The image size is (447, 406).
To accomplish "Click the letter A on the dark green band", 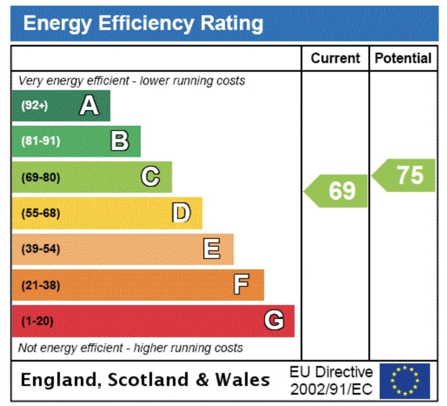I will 89,105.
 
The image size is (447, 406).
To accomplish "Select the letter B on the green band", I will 120,141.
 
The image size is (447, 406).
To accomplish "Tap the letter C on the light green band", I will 150,177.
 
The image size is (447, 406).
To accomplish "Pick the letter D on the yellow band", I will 181,213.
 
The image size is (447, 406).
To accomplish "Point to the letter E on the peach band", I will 212,249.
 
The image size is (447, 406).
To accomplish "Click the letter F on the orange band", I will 242,285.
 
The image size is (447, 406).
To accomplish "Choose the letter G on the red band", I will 274,321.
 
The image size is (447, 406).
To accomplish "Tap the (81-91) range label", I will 41,141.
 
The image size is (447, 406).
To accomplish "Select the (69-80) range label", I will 41,178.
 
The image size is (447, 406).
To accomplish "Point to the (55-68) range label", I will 41,213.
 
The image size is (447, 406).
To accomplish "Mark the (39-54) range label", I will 41,249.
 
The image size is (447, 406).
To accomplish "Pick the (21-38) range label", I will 41,285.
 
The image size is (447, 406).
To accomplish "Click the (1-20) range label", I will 37,321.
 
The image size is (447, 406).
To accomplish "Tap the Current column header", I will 335,59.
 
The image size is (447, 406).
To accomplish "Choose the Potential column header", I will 403,59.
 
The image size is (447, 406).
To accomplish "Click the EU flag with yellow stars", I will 405,381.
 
